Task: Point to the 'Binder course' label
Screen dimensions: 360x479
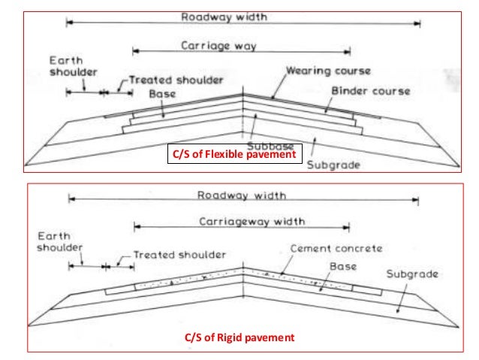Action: click(x=371, y=91)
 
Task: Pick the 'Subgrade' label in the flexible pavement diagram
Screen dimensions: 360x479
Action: click(x=334, y=164)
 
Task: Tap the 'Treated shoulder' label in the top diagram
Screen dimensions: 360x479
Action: click(x=176, y=78)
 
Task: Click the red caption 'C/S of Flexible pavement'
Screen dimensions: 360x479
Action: click(x=235, y=156)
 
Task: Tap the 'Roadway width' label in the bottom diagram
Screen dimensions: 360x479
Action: click(x=242, y=195)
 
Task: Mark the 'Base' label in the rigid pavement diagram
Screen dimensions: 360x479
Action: click(x=342, y=266)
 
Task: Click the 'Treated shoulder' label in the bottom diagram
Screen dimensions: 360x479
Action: click(x=179, y=254)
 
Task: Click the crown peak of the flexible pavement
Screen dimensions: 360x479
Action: click(x=244, y=94)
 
